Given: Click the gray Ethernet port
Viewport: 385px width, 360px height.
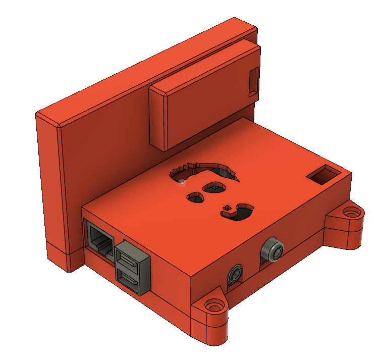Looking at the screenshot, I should [100, 239].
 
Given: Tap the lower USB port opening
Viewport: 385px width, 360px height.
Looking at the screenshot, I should [128, 278].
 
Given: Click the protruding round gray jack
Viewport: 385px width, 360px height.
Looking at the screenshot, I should [274, 249].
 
